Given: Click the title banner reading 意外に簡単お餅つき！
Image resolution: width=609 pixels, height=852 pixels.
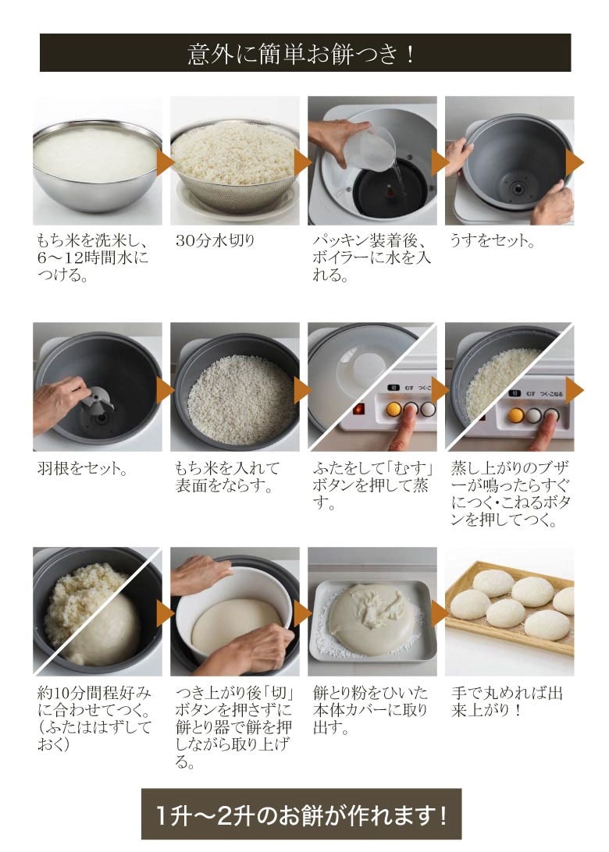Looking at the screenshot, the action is [x=305, y=53].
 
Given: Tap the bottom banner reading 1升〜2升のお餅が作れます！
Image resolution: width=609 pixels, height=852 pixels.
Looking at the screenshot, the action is [x=301, y=815].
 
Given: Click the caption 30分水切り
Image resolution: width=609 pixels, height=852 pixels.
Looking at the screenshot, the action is [x=215, y=240].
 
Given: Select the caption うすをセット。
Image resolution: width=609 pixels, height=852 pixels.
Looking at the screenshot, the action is [x=492, y=240].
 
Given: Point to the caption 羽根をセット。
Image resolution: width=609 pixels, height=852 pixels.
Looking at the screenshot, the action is [x=82, y=468].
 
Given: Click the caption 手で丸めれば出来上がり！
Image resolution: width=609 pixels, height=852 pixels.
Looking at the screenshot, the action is [x=507, y=701].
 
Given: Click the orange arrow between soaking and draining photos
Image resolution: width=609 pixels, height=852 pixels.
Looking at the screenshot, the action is [x=165, y=162].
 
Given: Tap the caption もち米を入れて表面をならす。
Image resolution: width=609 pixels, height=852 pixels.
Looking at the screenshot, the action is [x=227, y=477].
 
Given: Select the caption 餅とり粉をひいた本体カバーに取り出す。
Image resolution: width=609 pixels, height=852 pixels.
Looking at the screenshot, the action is [x=371, y=710].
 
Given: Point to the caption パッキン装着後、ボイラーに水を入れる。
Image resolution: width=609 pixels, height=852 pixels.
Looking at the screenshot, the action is [x=372, y=257].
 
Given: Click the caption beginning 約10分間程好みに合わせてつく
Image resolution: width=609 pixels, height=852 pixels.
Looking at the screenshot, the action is [x=94, y=719].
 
